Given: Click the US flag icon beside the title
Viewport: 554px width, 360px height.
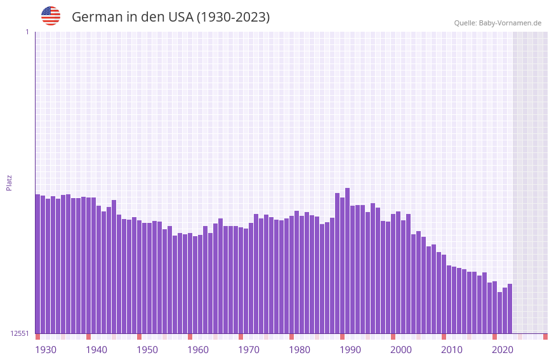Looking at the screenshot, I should pyautogui.click(x=51, y=16).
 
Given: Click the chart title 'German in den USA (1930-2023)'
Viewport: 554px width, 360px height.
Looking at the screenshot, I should pyautogui.click(x=171, y=17).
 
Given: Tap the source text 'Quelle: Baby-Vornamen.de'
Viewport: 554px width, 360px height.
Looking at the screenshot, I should pyautogui.click(x=498, y=23).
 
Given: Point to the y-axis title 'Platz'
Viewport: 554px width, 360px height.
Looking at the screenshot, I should pyautogui.click(x=9, y=182).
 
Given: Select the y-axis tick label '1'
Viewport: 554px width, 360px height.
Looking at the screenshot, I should pyautogui.click(x=27, y=32).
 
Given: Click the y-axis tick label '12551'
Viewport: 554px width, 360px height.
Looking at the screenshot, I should pyautogui.click(x=19, y=333).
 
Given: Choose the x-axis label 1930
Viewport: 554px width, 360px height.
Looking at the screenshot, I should pyautogui.click(x=46, y=350).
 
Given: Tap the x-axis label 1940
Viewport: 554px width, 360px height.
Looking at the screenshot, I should pyautogui.click(x=96, y=350).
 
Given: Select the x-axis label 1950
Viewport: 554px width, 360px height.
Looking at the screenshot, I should pyautogui.click(x=147, y=350).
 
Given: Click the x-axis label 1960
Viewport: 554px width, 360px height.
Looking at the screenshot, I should pyautogui.click(x=198, y=350).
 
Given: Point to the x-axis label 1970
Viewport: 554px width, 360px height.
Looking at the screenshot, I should pyautogui.click(x=249, y=350).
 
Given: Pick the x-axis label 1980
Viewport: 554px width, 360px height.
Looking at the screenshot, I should pyautogui.click(x=300, y=350).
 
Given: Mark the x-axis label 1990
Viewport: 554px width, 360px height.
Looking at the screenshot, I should pyautogui.click(x=350, y=350).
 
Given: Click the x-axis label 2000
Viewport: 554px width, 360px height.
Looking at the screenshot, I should pyautogui.click(x=401, y=350).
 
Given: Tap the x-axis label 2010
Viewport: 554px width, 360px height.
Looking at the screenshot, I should pyautogui.click(x=452, y=350).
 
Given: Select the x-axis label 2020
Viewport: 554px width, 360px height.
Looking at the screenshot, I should pyautogui.click(x=503, y=350).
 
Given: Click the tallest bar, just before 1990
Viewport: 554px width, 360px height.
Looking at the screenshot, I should pyautogui.click(x=347, y=260).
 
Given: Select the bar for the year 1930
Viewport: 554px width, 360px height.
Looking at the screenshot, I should pyautogui.click(x=37, y=263).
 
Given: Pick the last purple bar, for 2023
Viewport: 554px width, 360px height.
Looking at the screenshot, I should pyautogui.click(x=510, y=309).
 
